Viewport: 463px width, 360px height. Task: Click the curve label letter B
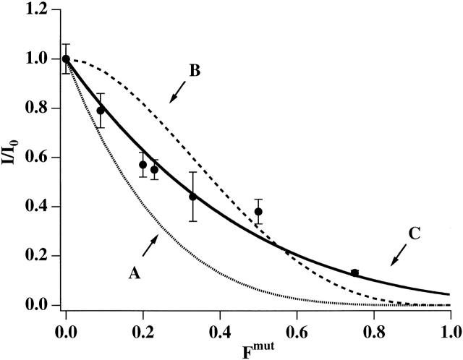pyautogui.click(x=194, y=72)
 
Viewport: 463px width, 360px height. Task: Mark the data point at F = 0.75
pyautogui.click(x=354, y=273)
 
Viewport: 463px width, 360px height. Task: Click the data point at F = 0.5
pyautogui.click(x=258, y=212)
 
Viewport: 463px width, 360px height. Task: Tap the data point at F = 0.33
pyautogui.click(x=192, y=197)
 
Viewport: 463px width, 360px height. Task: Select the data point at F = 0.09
pyautogui.click(x=101, y=111)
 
